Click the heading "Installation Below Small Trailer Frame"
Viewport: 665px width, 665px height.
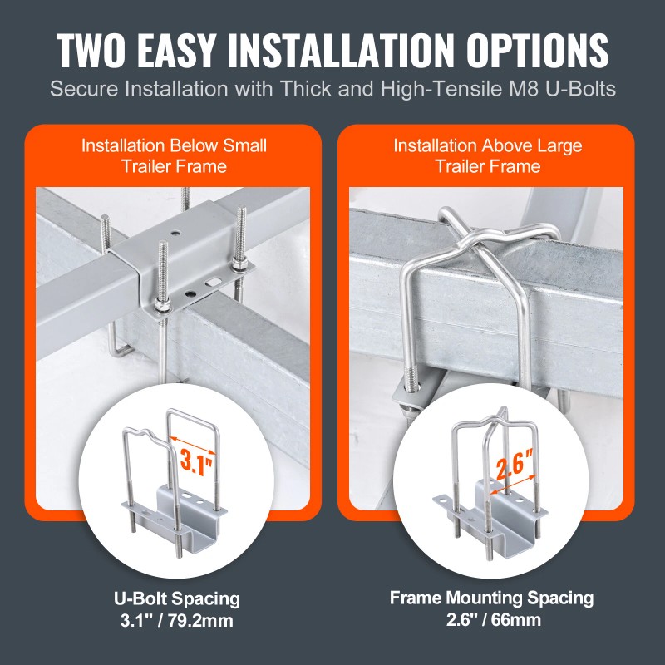coord(174,155)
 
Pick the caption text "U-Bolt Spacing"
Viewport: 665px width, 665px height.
coord(177,598)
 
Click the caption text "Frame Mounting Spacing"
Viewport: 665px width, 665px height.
coord(492,597)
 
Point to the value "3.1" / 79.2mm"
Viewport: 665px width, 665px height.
coord(177,618)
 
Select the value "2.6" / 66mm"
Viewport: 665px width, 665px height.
coord(492,618)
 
